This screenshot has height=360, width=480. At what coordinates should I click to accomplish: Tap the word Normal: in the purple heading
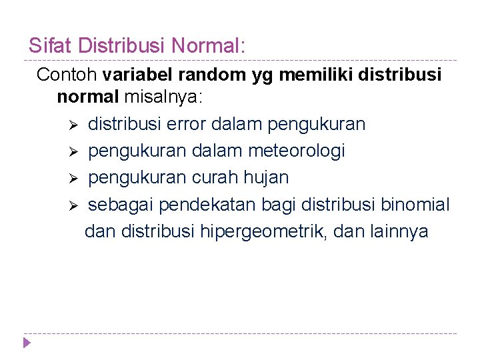tap(209, 46)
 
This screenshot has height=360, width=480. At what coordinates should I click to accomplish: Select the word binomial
tap(415, 205)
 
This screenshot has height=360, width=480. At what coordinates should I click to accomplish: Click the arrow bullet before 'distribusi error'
tap(75, 125)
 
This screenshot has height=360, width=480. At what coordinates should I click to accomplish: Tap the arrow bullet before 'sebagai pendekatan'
tap(75, 205)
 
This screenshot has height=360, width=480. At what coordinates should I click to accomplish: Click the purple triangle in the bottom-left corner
tap(27, 343)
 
